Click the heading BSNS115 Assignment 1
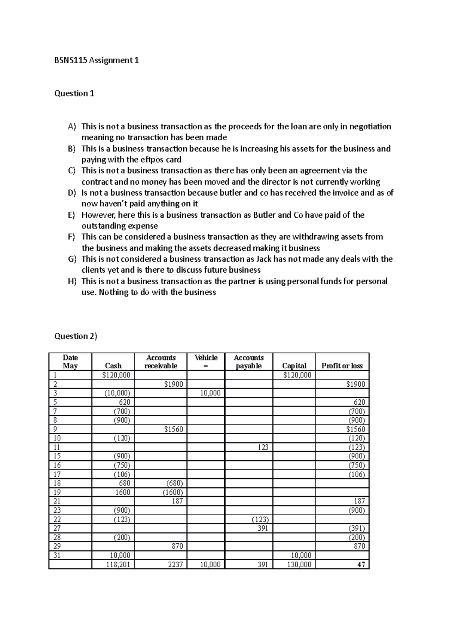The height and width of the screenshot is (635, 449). point(97,60)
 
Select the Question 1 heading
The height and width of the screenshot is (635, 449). point(74,93)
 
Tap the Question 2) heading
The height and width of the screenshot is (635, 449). point(76,336)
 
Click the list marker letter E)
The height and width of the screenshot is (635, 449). point(72,215)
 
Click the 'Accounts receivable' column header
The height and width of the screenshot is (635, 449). point(161,362)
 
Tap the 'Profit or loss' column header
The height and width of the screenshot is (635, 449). point(342,366)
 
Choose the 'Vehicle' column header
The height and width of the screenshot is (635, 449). point(206,358)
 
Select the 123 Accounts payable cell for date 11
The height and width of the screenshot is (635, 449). point(263,447)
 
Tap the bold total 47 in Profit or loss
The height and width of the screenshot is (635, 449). point(361,565)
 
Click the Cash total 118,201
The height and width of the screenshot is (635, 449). point(118,565)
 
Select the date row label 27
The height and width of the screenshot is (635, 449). point(57,528)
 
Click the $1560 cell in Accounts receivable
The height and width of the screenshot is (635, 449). point(174,429)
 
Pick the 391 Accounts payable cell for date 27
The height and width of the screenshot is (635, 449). point(263,528)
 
